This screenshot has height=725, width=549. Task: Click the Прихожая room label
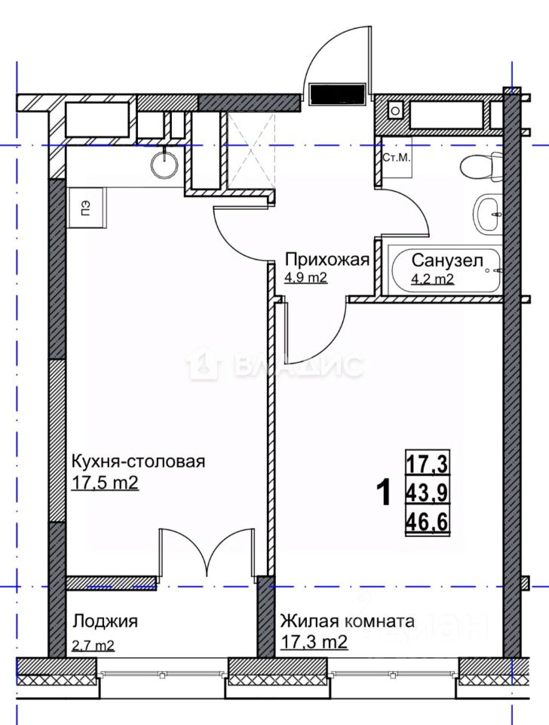[x=327, y=259]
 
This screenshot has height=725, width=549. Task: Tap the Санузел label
[x=447, y=261]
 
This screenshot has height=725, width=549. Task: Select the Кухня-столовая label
[x=138, y=461]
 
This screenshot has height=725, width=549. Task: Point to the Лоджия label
[x=106, y=621]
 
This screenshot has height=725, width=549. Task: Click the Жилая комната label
[x=347, y=621]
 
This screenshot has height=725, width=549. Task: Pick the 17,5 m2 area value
[x=105, y=483]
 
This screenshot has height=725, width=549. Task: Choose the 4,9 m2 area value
[x=306, y=277]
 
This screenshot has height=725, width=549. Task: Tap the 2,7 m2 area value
[x=94, y=645]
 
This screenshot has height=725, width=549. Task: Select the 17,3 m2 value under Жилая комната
[x=314, y=642]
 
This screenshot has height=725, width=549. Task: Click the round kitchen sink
[x=164, y=163]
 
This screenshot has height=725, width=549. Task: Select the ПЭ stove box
[x=87, y=208]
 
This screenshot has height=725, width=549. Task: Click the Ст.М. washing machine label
[x=396, y=157]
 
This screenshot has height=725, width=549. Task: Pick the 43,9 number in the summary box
[x=427, y=494]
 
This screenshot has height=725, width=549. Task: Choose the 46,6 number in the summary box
[x=427, y=522]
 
